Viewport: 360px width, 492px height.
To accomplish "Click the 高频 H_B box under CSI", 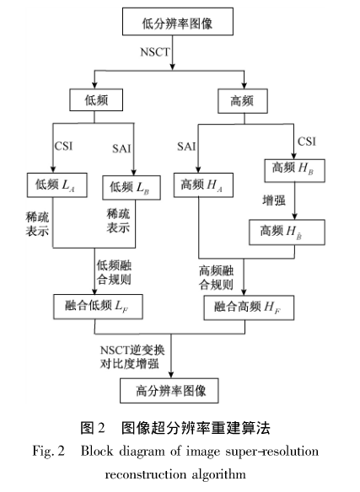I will (291, 168).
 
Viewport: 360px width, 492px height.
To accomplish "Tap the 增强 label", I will (272, 201).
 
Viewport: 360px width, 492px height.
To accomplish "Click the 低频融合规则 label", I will (117, 271).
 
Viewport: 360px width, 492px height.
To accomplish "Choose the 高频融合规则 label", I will (218, 277).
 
